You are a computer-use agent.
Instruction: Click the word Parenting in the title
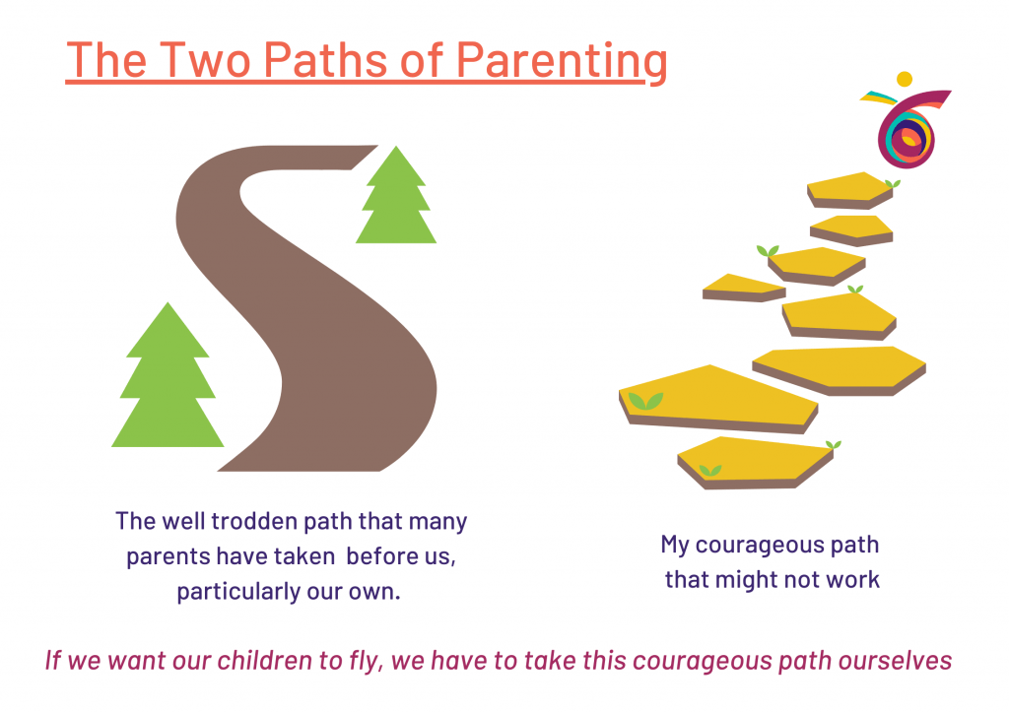coord(561,61)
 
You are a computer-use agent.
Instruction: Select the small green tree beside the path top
coord(396,194)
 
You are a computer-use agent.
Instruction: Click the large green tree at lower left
coord(168,375)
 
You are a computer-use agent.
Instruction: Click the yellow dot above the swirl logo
coord(905,79)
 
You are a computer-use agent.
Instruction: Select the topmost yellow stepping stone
coord(849,190)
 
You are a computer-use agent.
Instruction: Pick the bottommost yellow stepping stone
coord(755,463)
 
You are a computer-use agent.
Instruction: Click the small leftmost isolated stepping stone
coord(744,288)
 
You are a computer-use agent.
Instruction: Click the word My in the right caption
coord(674,546)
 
